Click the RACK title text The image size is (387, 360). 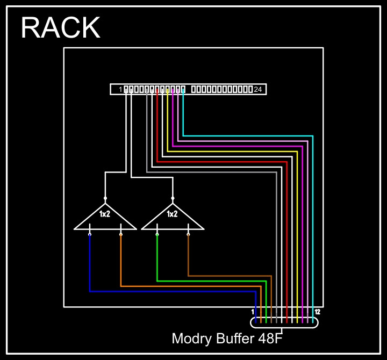[x=60, y=28]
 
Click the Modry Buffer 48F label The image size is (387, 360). [x=227, y=339]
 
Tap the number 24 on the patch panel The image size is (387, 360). [x=258, y=89]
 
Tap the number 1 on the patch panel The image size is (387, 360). [x=120, y=89]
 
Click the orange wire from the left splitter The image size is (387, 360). [x=188, y=286]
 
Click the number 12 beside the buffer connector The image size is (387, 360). [x=318, y=312]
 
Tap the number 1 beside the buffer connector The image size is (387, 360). [x=253, y=312]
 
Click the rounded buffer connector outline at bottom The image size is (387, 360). [x=284, y=327]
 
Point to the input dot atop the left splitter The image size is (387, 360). [x=105, y=198]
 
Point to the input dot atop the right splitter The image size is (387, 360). [x=173, y=198]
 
